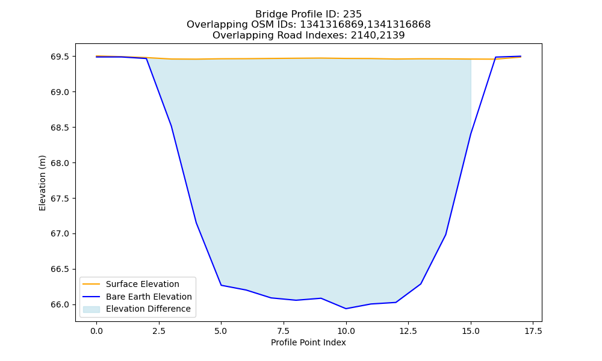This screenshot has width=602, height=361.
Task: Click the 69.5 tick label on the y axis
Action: tap(60, 57)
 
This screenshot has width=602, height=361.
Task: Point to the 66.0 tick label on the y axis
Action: tap(60, 304)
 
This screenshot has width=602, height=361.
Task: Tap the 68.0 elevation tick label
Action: tap(60, 163)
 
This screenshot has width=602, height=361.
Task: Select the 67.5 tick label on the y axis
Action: tap(60, 199)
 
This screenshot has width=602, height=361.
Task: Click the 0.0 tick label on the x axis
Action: tap(96, 331)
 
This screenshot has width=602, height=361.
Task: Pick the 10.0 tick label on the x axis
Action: tap(346, 331)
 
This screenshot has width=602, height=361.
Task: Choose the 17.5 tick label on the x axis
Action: tap(533, 331)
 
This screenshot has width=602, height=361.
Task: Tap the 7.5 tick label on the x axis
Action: tap(284, 331)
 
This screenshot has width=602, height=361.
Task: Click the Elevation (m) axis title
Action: tap(42, 183)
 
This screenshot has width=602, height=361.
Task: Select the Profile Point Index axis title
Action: tap(308, 342)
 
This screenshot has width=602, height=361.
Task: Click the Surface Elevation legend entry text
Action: tap(143, 284)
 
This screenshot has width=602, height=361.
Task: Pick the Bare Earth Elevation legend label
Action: tap(149, 297)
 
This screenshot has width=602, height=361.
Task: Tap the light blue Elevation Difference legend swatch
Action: tap(91, 309)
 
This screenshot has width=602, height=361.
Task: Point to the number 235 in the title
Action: tap(353, 14)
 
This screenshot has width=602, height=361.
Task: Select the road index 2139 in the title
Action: tap(392, 35)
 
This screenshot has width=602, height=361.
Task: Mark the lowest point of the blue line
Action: tap(346, 309)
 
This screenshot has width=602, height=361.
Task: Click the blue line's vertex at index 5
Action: tap(221, 285)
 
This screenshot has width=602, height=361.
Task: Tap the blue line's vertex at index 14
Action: tap(445, 235)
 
